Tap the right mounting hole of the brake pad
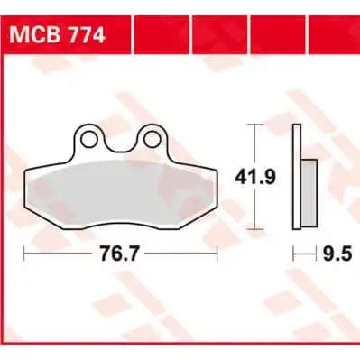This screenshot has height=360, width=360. click(x=152, y=139)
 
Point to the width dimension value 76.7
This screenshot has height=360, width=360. click(x=119, y=256)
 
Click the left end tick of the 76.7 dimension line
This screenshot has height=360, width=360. click(x=23, y=256)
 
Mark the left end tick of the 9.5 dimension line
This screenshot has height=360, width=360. click(x=294, y=256)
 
